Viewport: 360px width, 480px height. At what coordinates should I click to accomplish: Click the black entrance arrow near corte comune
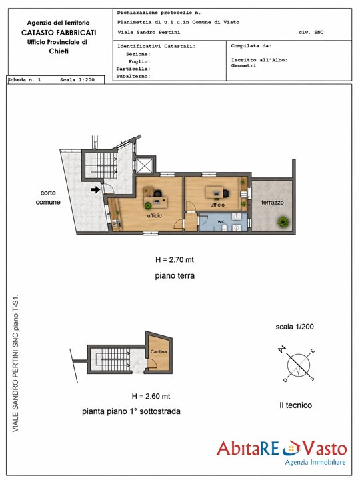pos(96,190)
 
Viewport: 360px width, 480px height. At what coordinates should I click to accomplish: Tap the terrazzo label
pos(273,203)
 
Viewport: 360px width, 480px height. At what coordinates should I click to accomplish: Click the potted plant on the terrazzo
pos(283,221)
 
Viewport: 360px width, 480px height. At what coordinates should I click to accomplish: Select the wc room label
pos(221,221)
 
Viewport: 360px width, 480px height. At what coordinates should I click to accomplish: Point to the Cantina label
pos(159,351)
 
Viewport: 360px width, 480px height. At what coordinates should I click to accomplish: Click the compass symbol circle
pos(298,365)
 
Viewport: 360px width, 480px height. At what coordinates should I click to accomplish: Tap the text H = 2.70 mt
pos(175,259)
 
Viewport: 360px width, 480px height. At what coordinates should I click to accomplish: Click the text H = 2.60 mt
pos(151,396)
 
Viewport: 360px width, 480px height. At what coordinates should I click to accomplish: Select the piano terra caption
pos(175,275)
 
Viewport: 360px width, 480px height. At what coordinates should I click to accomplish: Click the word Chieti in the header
pos(59,51)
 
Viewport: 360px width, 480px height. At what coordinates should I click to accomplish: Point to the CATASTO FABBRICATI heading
pos(59,33)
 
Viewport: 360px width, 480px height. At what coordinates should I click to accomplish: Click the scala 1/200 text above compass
pos(295,327)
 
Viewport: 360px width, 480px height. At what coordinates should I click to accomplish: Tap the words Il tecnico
pos(296,405)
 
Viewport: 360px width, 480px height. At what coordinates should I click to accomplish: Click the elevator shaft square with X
pos(144,165)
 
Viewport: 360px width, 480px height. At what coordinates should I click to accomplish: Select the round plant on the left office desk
pos(149,205)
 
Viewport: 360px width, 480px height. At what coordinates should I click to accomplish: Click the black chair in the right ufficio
pos(226,193)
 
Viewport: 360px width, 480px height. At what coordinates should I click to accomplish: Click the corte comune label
pos(48,197)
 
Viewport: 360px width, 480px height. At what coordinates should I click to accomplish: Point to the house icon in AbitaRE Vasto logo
pos(291,448)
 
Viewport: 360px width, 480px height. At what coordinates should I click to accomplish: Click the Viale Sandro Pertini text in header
pos(149,32)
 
